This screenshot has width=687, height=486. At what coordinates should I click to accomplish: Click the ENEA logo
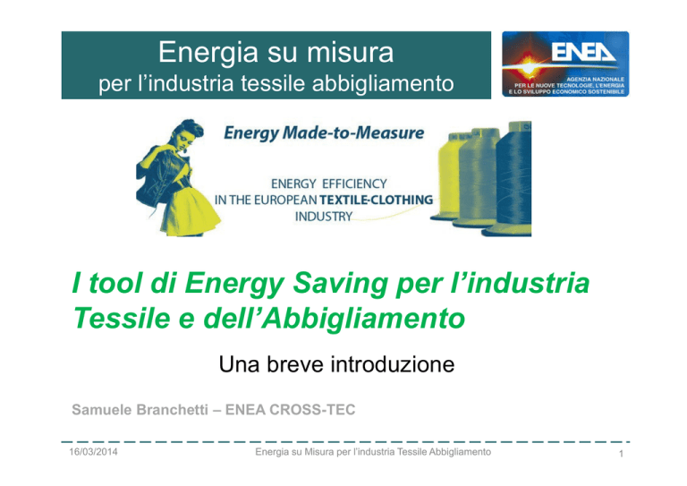565,64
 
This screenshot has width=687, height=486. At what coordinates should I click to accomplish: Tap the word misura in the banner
350,52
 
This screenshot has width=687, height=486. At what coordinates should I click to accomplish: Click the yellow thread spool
448,175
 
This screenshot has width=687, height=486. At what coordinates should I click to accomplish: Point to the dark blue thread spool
512,179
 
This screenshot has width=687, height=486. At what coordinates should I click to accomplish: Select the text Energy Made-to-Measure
324,133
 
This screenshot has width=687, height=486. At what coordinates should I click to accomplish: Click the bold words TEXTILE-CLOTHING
377,200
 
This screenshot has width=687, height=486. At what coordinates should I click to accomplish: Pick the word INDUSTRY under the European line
324,217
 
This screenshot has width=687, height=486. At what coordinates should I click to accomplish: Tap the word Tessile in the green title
122,318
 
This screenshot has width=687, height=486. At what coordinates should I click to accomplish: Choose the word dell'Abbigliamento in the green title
335,319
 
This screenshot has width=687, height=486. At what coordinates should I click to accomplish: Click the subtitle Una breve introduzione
336,364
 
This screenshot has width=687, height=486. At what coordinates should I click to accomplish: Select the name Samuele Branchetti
140,410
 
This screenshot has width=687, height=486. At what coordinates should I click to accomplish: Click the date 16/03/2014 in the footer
93,452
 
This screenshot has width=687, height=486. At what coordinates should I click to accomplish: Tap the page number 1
621,454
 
